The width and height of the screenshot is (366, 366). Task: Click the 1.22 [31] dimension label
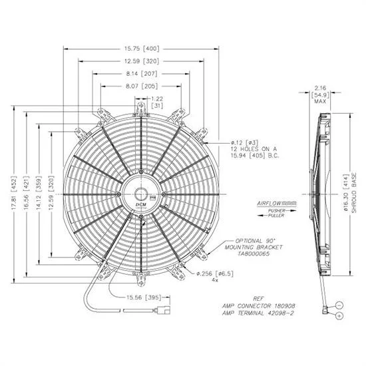[156, 102]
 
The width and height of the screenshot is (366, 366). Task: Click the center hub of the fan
[142, 194]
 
